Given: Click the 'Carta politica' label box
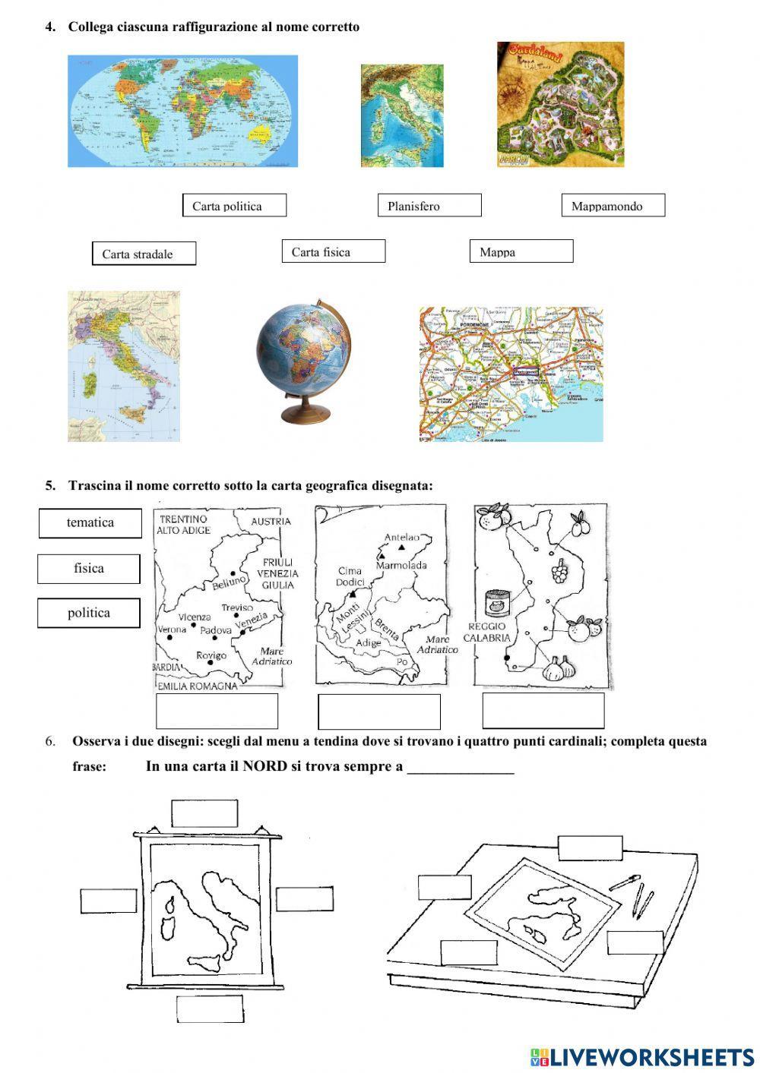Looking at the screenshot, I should tap(234, 206).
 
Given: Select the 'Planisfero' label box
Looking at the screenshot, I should tap(429, 206).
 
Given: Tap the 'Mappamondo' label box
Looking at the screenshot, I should tap(613, 206).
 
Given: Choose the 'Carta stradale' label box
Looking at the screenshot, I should tap(144, 254).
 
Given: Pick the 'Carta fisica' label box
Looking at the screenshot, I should tap(333, 251).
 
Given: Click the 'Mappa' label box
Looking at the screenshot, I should tap(521, 251).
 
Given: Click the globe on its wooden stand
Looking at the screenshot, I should tap(304, 358).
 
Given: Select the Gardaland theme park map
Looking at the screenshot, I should tap(560, 104).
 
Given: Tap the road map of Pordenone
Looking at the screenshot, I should tap(511, 374).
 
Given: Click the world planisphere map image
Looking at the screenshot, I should tap(182, 111).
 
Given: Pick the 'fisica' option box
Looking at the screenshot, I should tap(89, 568).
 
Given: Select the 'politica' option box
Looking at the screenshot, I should tap(89, 613).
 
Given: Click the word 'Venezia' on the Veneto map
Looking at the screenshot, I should tap(252, 620).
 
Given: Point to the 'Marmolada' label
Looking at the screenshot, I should tap(401, 565).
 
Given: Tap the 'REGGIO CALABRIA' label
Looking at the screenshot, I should tap(489, 632).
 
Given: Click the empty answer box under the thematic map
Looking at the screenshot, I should tap(543, 711).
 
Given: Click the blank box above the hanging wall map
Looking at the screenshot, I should tap(204, 813).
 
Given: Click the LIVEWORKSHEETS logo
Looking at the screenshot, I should tap(641, 1056).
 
